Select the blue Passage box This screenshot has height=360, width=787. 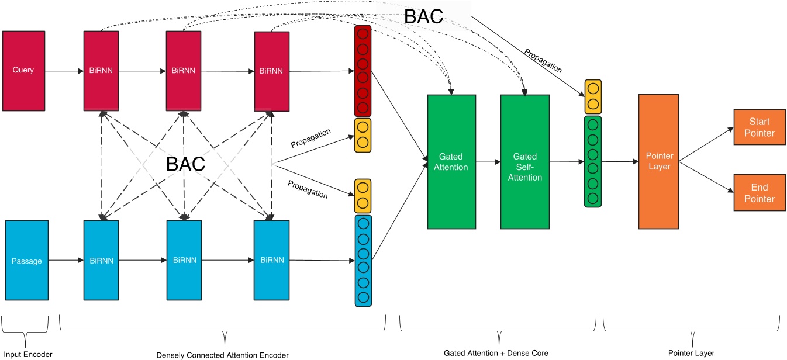pos(27,260)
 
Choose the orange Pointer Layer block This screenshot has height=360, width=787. pos(658,161)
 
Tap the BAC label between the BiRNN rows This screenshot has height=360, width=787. pos(185,164)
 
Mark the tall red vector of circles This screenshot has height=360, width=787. pos(362,70)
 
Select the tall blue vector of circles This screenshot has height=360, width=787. pos(363,261)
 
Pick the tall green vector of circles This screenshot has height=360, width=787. pos(592,161)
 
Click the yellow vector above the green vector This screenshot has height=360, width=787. pos(592,96)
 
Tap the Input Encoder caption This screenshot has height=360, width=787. pos(27,355)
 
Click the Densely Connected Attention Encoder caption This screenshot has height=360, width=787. pos(223,355)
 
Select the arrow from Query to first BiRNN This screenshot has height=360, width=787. pos(64,71)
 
